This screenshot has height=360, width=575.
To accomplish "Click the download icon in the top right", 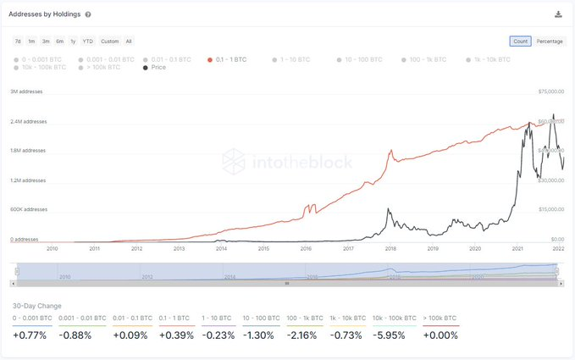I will pyautogui.click(x=558, y=14).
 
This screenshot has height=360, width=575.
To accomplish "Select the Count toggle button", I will pyautogui.click(x=520, y=41).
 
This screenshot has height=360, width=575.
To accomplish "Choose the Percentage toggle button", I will pyautogui.click(x=550, y=41).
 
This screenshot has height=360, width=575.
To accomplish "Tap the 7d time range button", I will pyautogui.click(x=18, y=41).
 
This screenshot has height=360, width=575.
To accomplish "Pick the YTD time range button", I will pyautogui.click(x=87, y=41).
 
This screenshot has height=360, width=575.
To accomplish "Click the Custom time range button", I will pyautogui.click(x=109, y=41).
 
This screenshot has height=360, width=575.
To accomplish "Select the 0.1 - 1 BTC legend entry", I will pyautogui.click(x=229, y=59).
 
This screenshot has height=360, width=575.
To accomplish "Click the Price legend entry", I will pyautogui.click(x=155, y=67).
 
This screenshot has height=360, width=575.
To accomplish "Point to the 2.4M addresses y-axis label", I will pyautogui.click(x=28, y=121).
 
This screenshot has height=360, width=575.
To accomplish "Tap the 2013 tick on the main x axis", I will pyautogui.click(x=180, y=249).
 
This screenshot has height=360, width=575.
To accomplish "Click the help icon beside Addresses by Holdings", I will pyautogui.click(x=88, y=14).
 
